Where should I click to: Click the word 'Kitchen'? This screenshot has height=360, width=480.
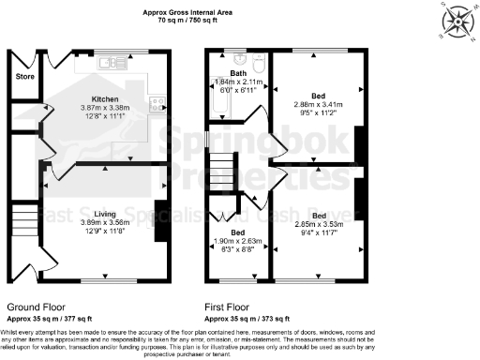pos(104,98)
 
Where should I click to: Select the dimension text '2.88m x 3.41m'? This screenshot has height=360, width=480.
pos(319,104)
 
